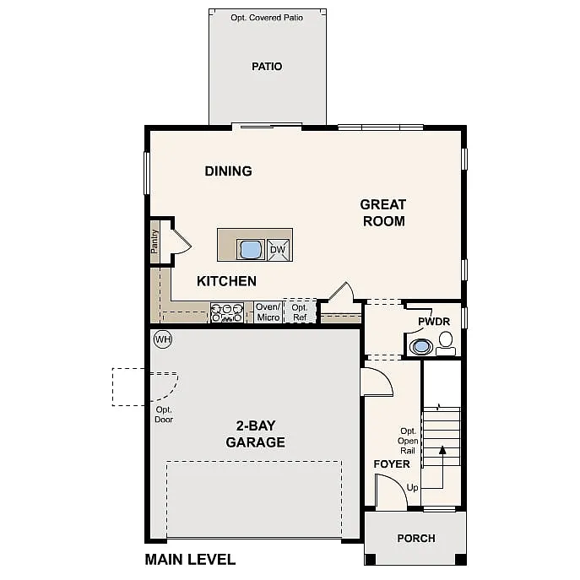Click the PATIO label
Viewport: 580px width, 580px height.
click(x=267, y=67)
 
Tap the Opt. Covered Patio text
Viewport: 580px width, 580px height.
click(x=267, y=17)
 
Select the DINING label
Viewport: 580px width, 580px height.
click(x=228, y=171)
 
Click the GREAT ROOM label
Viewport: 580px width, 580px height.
click(x=383, y=213)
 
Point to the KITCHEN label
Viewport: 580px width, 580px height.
click(x=226, y=281)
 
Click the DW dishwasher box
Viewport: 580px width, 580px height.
click(x=279, y=250)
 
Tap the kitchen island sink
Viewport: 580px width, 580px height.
click(x=251, y=249)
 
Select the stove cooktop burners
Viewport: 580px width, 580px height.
click(x=226, y=312)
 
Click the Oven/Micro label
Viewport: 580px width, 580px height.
click(x=268, y=312)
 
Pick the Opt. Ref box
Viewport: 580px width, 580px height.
click(x=300, y=312)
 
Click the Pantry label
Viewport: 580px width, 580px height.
click(x=154, y=241)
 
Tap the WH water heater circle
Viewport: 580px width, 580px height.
click(x=162, y=339)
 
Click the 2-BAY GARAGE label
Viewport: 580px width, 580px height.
click(x=255, y=434)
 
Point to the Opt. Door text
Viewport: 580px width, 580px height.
click(x=164, y=415)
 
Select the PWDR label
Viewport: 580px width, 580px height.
click(x=433, y=323)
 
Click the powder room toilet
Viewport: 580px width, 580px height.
click(x=446, y=342)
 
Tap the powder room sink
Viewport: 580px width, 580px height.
click(x=420, y=345)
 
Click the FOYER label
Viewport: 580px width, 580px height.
click(x=392, y=464)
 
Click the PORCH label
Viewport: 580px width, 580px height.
click(x=416, y=539)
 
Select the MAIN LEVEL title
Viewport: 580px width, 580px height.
click(x=190, y=559)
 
